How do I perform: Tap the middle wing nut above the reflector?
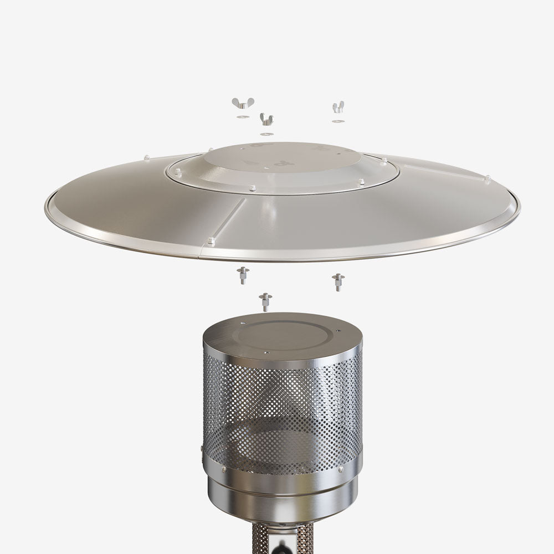point(266,119)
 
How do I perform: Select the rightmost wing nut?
point(338,106)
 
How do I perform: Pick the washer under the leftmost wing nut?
point(242,117)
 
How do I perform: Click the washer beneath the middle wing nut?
point(266,134)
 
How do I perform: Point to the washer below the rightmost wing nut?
point(338,120)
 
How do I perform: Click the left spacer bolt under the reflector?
point(243,275)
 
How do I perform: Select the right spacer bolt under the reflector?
point(337,281)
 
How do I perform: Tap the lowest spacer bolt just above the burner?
point(266,302)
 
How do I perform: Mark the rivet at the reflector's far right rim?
point(487,178)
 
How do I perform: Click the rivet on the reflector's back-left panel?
point(146,158)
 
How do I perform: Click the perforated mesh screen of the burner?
point(283,410)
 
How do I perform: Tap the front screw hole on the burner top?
point(266,352)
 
